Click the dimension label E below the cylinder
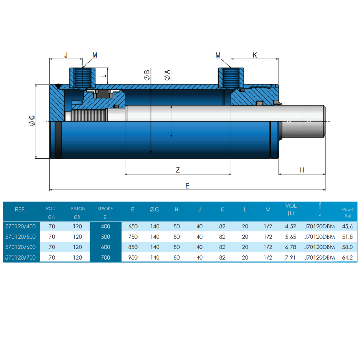(x=187, y=186)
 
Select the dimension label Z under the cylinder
(x=177, y=170)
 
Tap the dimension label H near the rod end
(x=302, y=170)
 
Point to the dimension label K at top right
(x=255, y=55)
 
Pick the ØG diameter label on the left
(x=32, y=121)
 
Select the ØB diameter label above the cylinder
(x=147, y=76)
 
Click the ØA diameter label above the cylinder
(x=167, y=76)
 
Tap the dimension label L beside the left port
(x=103, y=76)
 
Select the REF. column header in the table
(x=20, y=209)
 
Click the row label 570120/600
(x=21, y=247)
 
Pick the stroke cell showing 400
(x=105, y=226)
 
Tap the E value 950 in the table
(x=133, y=257)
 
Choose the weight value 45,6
(x=347, y=226)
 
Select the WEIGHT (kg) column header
(x=347, y=212)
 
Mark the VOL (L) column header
(x=291, y=209)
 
